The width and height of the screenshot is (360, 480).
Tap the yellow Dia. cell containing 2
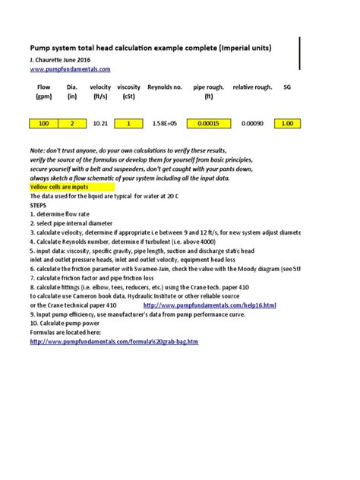click(72, 123)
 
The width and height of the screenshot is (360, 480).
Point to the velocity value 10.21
click(100, 123)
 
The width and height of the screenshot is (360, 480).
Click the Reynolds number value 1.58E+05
click(164, 123)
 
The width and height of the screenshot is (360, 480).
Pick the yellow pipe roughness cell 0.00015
click(208, 123)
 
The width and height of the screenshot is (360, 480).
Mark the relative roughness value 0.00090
click(252, 123)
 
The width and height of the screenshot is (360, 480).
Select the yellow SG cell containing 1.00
click(286, 123)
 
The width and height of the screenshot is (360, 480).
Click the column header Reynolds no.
click(165, 87)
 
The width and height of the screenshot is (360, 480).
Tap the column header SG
click(287, 87)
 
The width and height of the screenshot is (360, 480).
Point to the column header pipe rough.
click(209, 87)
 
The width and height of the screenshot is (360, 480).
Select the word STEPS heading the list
click(37, 205)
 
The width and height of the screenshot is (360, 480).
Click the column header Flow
click(43, 87)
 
